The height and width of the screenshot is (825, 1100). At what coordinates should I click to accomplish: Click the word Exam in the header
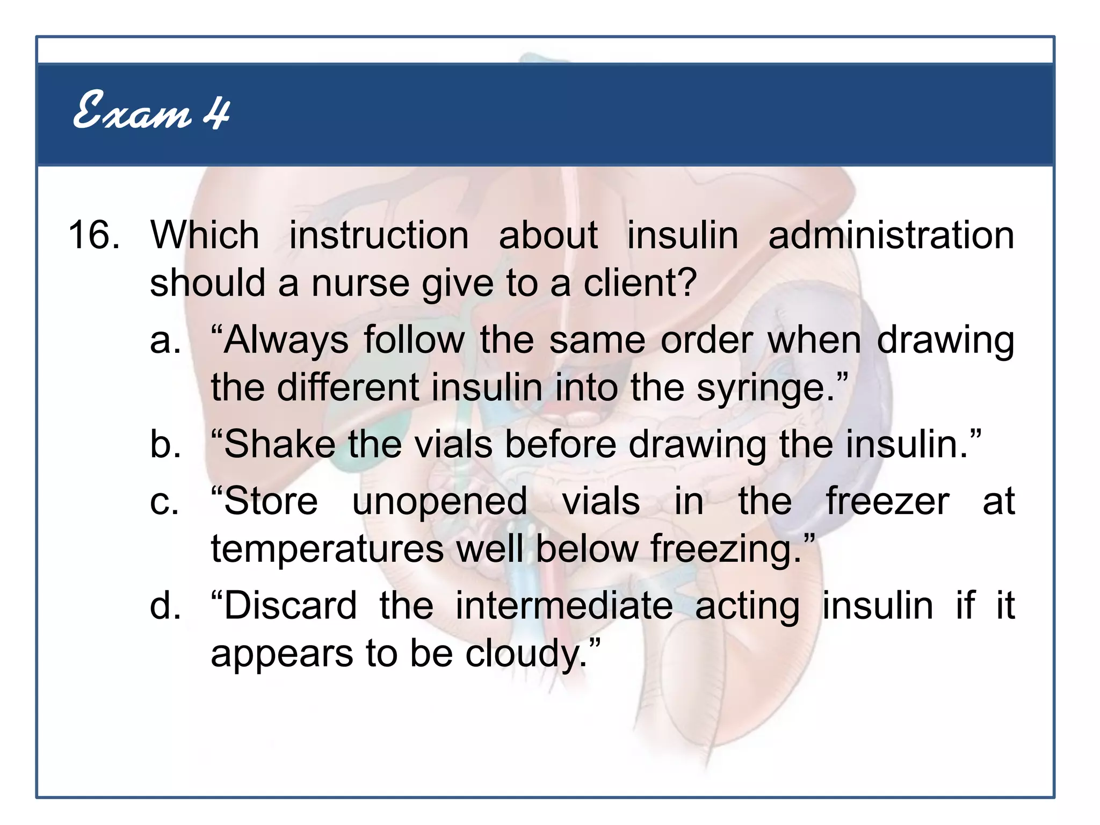click(x=132, y=111)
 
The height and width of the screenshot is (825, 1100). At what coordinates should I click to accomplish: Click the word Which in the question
click(x=205, y=235)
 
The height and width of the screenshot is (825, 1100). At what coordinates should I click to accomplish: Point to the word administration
click(x=891, y=235)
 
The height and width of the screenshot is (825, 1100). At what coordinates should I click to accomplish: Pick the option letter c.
click(x=164, y=502)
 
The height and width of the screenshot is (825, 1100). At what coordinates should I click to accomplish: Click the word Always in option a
click(x=286, y=341)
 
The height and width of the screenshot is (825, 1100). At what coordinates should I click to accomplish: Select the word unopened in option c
click(x=439, y=502)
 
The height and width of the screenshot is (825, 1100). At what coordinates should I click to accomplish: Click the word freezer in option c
click(x=887, y=502)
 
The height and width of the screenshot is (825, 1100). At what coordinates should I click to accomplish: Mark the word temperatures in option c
click(x=327, y=549)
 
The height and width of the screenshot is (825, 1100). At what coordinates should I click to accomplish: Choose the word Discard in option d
click(x=290, y=606)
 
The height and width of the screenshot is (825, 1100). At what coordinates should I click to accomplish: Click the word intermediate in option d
click(x=564, y=606)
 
